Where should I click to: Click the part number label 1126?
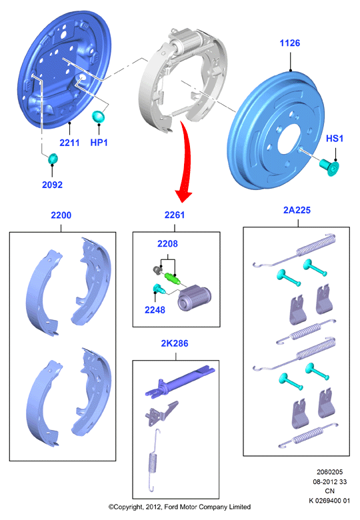click(290, 43)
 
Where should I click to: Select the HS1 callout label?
click(335, 138)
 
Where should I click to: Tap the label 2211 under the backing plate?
click(69, 143)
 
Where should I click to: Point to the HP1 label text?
click(99, 143)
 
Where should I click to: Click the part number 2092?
click(52, 185)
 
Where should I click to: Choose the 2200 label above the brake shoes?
click(61, 215)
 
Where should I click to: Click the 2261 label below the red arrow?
click(175, 215)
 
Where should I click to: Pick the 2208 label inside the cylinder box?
click(167, 244)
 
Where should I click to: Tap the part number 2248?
click(155, 310)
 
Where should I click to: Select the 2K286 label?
click(175, 343)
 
